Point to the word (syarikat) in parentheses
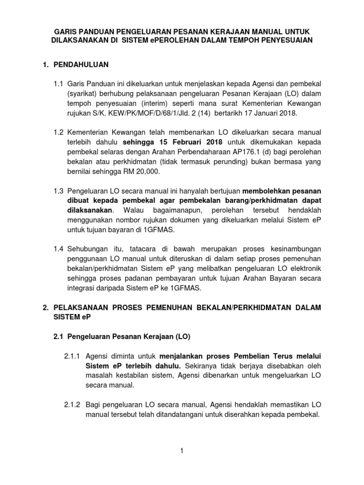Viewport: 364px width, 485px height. pos(83,94)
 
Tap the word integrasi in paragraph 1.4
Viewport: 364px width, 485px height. pos(82,288)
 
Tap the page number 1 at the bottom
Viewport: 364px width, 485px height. pos(182,450)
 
